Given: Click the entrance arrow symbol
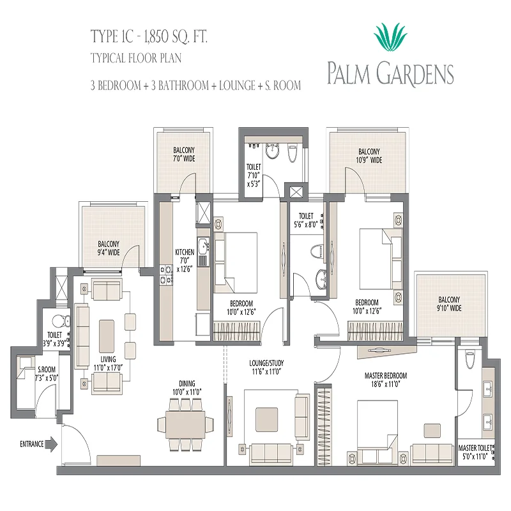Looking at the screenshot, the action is [51, 444].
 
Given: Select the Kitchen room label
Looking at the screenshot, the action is [185, 261].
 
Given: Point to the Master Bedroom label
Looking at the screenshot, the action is [386, 380].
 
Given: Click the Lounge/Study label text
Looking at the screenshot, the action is [266, 367].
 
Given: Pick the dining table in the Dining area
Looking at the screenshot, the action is [185, 424].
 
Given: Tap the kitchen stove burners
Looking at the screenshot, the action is [165, 275].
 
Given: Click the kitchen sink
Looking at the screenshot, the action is [202, 247].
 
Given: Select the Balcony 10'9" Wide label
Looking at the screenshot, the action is [369, 156].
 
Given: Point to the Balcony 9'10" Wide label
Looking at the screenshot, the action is [449, 304].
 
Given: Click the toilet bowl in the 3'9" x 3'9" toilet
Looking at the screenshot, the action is [61, 321].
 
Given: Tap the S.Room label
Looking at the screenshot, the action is [47, 374].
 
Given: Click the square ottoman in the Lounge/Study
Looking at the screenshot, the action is [266, 420].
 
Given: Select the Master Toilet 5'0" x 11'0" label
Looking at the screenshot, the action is [475, 452].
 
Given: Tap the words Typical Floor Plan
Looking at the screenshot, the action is [136, 58].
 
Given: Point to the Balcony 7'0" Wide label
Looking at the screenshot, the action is [184, 155].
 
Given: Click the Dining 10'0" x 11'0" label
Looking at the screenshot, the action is [187, 388].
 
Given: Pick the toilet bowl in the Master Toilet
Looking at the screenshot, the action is [469, 360].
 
